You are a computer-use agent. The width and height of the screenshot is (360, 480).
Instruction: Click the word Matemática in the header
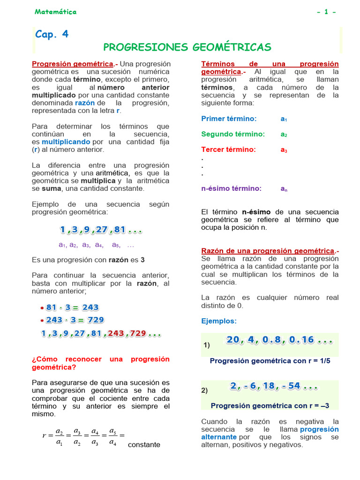[55, 12]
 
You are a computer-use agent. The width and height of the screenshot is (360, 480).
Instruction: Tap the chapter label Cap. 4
[52, 34]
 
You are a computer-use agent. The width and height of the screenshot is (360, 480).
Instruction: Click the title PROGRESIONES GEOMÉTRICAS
[187, 47]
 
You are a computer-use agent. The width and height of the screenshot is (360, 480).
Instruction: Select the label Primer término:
[229, 119]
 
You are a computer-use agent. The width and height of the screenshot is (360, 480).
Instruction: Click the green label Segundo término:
[233, 134]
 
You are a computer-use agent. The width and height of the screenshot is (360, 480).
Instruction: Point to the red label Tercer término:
[228, 150]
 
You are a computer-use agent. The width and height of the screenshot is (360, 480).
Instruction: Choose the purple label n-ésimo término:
[231, 188]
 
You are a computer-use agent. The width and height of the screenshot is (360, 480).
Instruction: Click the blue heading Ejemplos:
[219, 321]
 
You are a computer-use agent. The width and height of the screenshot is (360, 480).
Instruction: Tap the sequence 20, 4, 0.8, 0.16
[279, 340]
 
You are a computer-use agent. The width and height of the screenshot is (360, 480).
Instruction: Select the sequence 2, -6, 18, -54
[274, 387]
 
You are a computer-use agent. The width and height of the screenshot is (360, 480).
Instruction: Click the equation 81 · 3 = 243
[73, 307]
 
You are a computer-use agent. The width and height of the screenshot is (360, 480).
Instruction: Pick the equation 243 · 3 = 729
[75, 320]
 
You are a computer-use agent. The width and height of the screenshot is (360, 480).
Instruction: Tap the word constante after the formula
[144, 444]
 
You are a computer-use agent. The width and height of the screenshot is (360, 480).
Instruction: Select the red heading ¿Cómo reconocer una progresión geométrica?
[101, 363]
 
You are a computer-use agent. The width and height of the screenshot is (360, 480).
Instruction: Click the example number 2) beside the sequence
[204, 390]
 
